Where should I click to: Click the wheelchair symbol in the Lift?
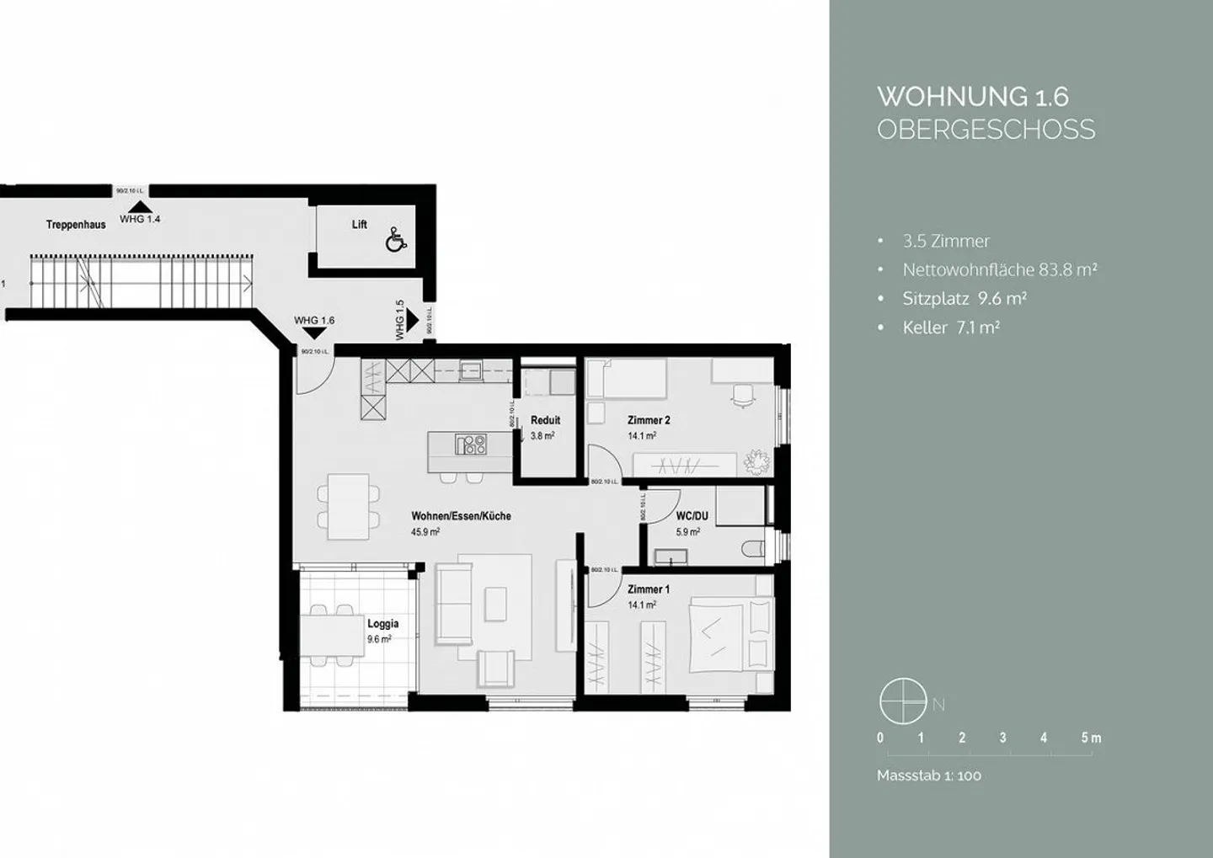pyautogui.click(x=396, y=240)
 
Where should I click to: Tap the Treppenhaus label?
pyautogui.click(x=76, y=225)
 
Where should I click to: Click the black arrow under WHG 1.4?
pyautogui.click(x=140, y=206)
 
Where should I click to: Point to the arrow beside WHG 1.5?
pyautogui.click(x=413, y=320)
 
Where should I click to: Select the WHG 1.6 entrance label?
pyautogui.click(x=314, y=321)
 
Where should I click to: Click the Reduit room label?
pyautogui.click(x=545, y=420)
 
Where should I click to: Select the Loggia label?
pyautogui.click(x=382, y=624)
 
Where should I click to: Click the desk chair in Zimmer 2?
pyautogui.click(x=743, y=395)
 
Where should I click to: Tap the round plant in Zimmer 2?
pyautogui.click(x=755, y=461)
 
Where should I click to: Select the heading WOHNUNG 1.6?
pyautogui.click(x=973, y=97)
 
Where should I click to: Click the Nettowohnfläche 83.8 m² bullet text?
pyautogui.click(x=999, y=270)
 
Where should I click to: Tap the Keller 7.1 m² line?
pyautogui.click(x=951, y=328)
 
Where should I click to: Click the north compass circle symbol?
pyautogui.click(x=903, y=701)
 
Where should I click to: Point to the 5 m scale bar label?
pyautogui.click(x=1091, y=738)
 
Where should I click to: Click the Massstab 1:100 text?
pyautogui.click(x=929, y=775)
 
